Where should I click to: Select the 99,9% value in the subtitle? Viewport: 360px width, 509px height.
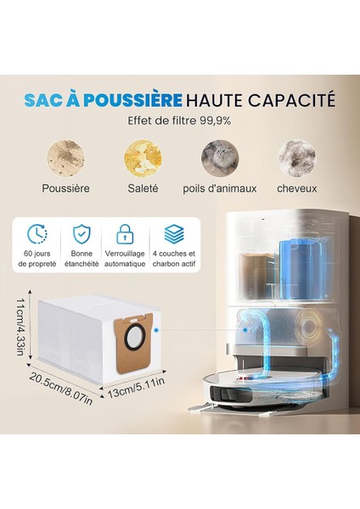click(215, 121)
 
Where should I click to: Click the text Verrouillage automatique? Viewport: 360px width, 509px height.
click(125, 259)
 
